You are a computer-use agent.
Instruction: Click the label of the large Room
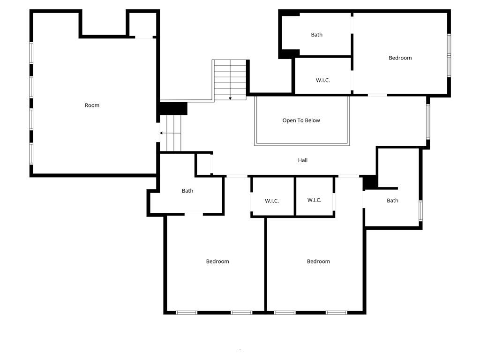(x=92, y=105)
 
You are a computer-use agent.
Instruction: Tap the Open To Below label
(x=301, y=120)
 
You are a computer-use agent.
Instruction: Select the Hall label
(x=303, y=160)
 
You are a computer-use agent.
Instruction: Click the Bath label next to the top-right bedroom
(x=317, y=35)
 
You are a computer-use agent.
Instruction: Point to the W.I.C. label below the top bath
(x=323, y=81)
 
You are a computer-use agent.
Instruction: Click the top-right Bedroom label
(x=400, y=58)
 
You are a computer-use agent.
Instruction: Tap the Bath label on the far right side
(x=393, y=201)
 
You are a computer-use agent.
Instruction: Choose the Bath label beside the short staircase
(x=187, y=191)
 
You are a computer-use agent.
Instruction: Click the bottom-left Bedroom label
(x=217, y=262)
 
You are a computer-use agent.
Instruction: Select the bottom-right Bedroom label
(x=318, y=262)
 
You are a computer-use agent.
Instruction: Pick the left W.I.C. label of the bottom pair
(x=272, y=201)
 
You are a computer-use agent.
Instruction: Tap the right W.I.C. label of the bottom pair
(x=315, y=200)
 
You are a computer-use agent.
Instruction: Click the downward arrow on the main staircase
(x=230, y=98)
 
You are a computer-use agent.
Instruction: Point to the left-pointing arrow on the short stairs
(x=161, y=133)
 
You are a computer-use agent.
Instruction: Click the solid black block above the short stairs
(x=173, y=108)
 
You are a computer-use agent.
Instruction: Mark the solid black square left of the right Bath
(x=370, y=182)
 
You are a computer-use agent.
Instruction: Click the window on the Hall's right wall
(x=428, y=121)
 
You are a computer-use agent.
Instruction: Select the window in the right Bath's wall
(x=420, y=210)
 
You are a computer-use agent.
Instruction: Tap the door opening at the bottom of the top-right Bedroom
(x=377, y=95)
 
